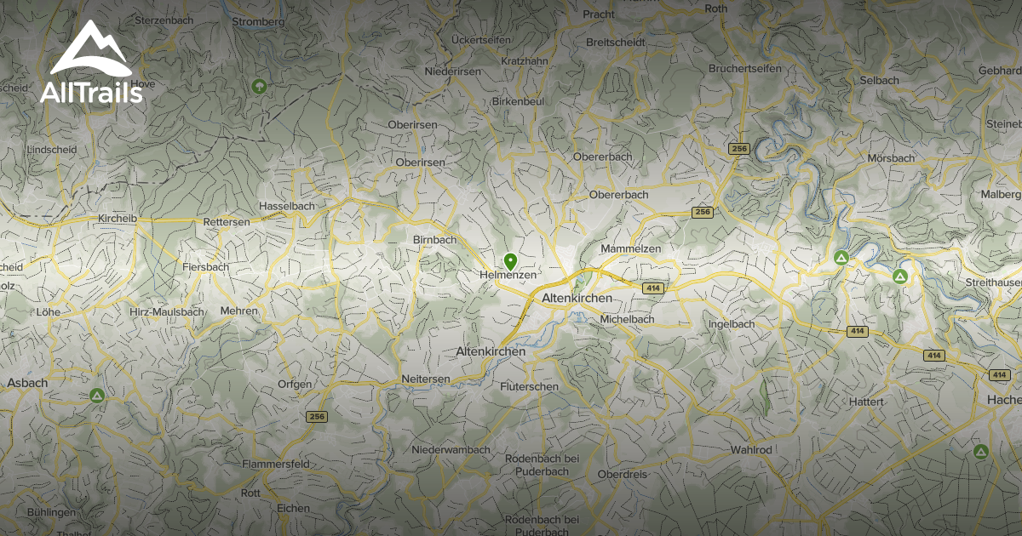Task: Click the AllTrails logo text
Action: click(91, 93)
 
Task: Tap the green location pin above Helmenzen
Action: click(510, 260)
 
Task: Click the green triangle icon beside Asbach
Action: click(97, 396)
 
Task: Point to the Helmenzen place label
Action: click(508, 276)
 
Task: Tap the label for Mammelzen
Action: click(630, 248)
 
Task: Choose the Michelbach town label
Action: click(627, 319)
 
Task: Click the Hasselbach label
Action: click(287, 206)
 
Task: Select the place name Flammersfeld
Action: click(275, 465)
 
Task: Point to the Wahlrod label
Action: click(751, 449)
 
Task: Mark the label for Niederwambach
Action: click(451, 449)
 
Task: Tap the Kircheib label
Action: click(118, 219)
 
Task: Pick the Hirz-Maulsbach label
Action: click(167, 312)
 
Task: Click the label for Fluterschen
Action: click(530, 386)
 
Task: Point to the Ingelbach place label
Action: click(732, 324)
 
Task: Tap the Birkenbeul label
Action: click(518, 101)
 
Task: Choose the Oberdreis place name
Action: click(623, 474)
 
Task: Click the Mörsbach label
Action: click(891, 158)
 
